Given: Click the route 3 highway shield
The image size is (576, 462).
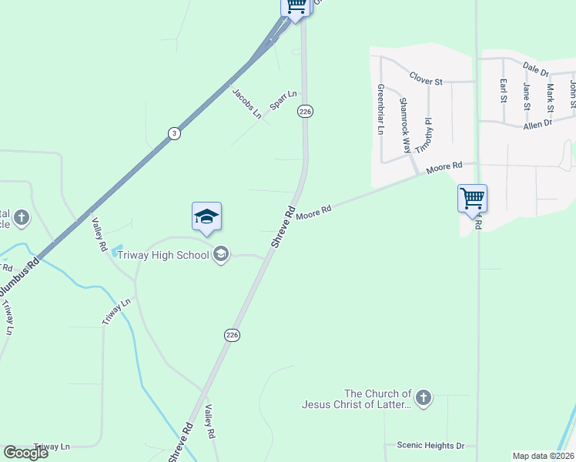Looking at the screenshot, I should point(175,133).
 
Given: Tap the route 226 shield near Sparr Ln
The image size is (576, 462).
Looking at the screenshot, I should point(305,112).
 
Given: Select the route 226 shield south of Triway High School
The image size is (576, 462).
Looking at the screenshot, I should point(232,334).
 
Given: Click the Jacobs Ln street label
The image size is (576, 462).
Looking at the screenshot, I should point(247,103).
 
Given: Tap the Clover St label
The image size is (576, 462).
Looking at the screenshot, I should point(426,79).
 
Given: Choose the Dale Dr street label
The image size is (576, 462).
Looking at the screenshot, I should point(535,71).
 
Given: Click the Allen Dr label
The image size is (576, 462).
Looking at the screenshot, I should point(537,124).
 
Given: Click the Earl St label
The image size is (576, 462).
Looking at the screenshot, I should point(503,91).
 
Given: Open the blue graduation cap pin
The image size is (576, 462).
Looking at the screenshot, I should point(206,216).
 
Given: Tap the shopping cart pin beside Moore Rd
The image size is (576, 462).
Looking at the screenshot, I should point(472,199).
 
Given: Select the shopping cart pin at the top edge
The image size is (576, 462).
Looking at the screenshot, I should point(296,6).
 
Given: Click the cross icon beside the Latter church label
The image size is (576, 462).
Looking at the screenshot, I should point(422,398).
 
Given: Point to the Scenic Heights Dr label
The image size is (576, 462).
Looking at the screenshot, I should point(430,445).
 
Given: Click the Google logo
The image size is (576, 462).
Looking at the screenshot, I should point(25,453).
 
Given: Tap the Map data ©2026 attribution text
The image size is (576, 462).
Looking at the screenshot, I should point(543,456).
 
